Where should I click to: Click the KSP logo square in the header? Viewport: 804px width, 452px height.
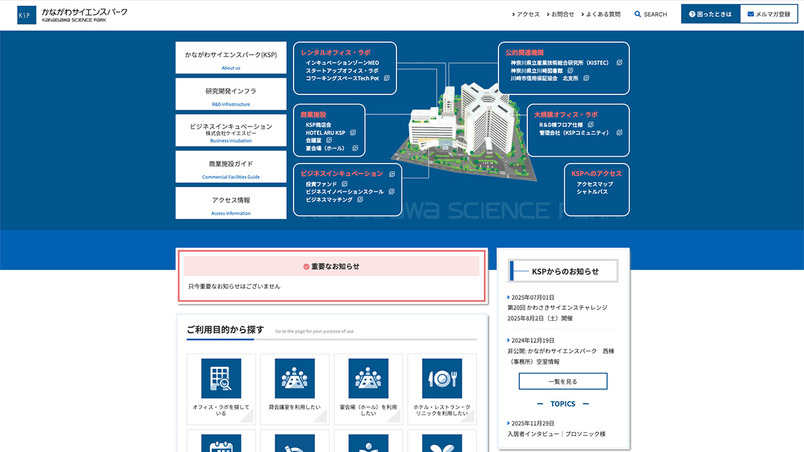pyautogui.click(x=27, y=15)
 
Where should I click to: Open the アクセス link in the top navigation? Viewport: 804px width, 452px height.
pyautogui.click(x=526, y=14)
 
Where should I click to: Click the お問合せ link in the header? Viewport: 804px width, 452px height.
pyautogui.click(x=560, y=14)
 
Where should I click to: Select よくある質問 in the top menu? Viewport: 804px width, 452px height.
pyautogui.click(x=601, y=14)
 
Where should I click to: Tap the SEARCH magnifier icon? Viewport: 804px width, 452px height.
pyautogui.click(x=637, y=14)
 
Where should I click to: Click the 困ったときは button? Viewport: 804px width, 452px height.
pyautogui.click(x=710, y=14)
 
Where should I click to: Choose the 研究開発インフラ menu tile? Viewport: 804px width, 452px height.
pyautogui.click(x=230, y=94)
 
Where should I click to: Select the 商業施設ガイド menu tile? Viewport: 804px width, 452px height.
pyautogui.click(x=230, y=167)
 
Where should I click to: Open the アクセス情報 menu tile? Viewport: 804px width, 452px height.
pyautogui.click(x=230, y=203)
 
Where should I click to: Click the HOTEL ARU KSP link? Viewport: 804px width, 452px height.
pyautogui.click(x=325, y=133)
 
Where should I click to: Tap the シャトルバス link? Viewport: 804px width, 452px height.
pyautogui.click(x=592, y=192)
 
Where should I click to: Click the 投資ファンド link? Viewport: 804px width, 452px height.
pyautogui.click(x=321, y=184)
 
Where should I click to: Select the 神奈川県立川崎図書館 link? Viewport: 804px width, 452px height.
pyautogui.click(x=537, y=71)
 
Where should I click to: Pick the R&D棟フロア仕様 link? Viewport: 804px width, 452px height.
pyautogui.click(x=561, y=125)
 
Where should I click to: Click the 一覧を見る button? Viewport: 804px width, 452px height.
pyautogui.click(x=563, y=381)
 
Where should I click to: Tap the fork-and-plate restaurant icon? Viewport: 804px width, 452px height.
pyautogui.click(x=442, y=378)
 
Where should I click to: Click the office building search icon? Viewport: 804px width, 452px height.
pyautogui.click(x=221, y=378)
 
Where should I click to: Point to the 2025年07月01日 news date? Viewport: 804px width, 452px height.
pyautogui.click(x=533, y=297)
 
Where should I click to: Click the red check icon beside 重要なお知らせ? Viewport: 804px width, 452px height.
pyautogui.click(x=306, y=267)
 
